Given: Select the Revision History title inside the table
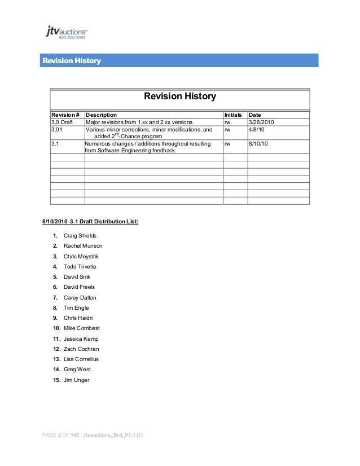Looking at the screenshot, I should pyautogui.click(x=179, y=97).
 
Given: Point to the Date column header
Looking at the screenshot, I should pyautogui.click(x=255, y=115).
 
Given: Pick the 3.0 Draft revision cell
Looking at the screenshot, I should pyautogui.click(x=64, y=122).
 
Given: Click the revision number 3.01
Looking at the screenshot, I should pyautogui.click(x=58, y=130).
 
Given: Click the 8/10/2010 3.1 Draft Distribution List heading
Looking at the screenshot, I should pyautogui.click(x=86, y=222).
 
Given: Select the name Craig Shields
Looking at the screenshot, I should pyautogui.click(x=80, y=235).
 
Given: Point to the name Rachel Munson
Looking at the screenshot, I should pyautogui.click(x=84, y=247).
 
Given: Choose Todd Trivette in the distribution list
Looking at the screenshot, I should pyautogui.click(x=80, y=267).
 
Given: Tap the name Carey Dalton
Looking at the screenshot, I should pyautogui.click(x=80, y=298).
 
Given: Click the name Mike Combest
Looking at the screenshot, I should pyautogui.click(x=82, y=328).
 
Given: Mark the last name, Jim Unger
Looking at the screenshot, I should pyautogui.click(x=77, y=380).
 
